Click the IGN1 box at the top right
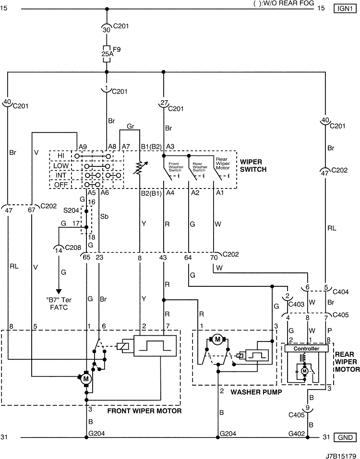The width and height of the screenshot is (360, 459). point(345,8)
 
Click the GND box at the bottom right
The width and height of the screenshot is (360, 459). point(345,437)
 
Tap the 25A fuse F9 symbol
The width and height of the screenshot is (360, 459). point(107,54)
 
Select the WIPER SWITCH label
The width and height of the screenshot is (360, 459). point(253,165)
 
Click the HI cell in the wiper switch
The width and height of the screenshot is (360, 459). point(60,156)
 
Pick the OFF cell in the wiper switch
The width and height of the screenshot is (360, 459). point(60,185)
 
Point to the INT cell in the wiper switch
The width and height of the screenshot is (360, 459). point(60,175)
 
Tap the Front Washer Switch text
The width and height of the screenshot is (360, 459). point(176,167)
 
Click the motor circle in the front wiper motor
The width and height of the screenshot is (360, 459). point(86,379)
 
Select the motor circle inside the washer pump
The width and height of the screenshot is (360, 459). point(217,340)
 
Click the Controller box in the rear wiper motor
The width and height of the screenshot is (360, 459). point(306,348)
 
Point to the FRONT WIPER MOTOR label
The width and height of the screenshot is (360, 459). point(144,411)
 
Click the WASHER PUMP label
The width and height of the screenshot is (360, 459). point(256,392)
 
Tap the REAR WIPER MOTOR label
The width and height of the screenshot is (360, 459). point(347,362)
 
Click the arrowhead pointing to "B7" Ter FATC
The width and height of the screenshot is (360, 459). point(59,291)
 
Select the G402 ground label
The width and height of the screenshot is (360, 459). point(297,434)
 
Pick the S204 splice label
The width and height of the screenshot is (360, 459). point(71,210)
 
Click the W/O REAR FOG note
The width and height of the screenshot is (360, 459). point(284,3)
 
